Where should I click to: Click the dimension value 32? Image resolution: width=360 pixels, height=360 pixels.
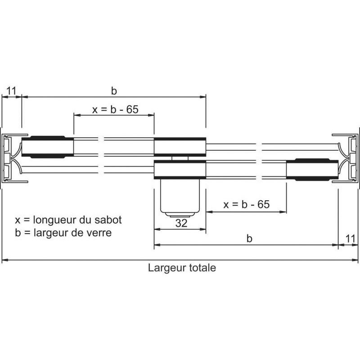click(x=181, y=223)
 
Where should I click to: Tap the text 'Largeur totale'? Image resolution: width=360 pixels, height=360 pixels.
click(x=182, y=268)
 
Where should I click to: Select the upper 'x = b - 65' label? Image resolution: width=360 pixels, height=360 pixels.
click(x=115, y=110)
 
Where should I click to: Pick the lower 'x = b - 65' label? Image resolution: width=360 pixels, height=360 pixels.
click(x=247, y=205)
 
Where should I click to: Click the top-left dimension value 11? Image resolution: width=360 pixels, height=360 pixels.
click(x=11, y=91)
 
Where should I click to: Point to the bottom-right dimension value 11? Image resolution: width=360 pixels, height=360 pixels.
click(x=350, y=238)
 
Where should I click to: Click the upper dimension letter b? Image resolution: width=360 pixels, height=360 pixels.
click(x=114, y=91)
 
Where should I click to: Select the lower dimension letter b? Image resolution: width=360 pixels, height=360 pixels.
click(x=249, y=239)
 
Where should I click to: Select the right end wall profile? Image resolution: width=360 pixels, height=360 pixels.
click(x=350, y=158)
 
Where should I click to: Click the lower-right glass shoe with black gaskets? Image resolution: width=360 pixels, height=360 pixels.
click(x=311, y=170)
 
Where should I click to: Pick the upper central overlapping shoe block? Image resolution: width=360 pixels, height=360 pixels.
click(x=180, y=146)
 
